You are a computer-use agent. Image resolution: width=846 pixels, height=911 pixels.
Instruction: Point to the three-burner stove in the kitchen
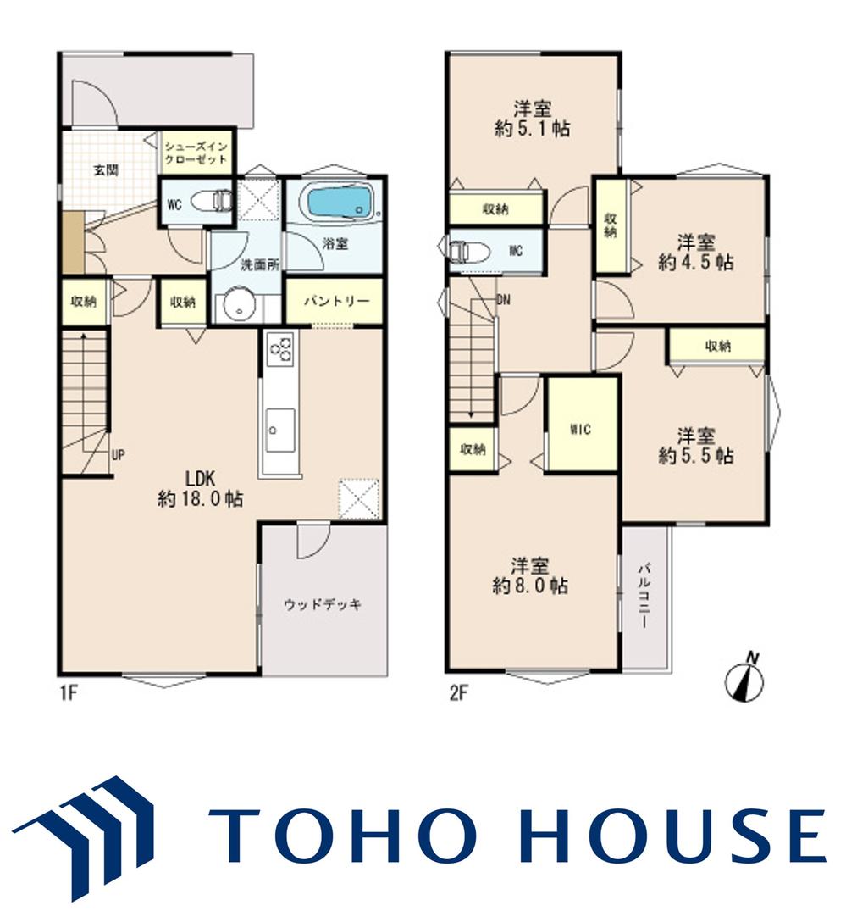pos(279,349)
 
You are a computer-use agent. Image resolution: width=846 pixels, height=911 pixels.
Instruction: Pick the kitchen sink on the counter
pos(279,431)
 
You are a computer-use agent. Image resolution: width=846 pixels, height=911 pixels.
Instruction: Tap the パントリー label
pos(336,301)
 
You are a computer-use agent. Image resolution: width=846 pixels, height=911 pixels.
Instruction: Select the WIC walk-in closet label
pos(580,429)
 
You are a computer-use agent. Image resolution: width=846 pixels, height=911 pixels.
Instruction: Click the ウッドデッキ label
pos(323,604)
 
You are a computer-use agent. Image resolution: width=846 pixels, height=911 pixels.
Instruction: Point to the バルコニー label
pos(644,594)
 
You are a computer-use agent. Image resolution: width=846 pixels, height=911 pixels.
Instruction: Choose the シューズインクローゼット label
pos(196,153)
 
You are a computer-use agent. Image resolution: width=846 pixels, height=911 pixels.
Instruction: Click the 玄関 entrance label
pos(106,170)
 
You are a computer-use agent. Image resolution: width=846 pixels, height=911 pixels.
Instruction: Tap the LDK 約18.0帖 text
pos(201,489)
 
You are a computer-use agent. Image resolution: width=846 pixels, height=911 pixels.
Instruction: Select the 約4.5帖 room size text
pos(695,262)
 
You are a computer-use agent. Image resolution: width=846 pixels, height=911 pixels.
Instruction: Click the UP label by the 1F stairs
pos(118,455)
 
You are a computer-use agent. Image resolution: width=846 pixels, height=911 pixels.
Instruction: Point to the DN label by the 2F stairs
pos(503,300)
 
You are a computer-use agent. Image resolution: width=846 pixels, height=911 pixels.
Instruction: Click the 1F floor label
pos(68,693)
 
